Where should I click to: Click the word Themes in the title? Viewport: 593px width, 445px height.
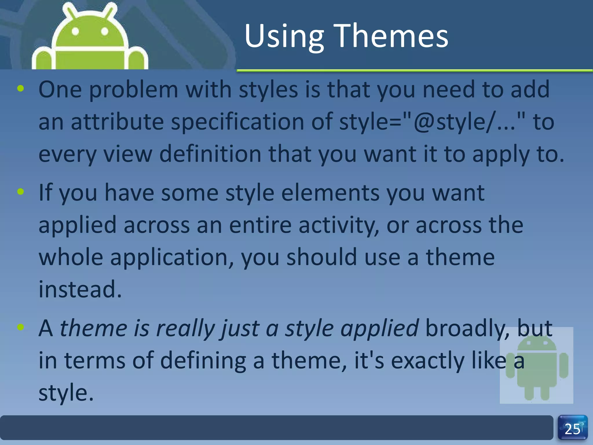(x=391, y=36)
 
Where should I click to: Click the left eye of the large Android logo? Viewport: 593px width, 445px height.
(x=75, y=31)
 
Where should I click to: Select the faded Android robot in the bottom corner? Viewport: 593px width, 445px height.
(x=537, y=366)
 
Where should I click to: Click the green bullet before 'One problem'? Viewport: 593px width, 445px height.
(x=21, y=89)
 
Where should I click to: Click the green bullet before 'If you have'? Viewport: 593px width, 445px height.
(x=21, y=192)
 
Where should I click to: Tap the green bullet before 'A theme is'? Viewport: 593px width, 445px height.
(x=21, y=327)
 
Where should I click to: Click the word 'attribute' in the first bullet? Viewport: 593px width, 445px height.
(x=117, y=122)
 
